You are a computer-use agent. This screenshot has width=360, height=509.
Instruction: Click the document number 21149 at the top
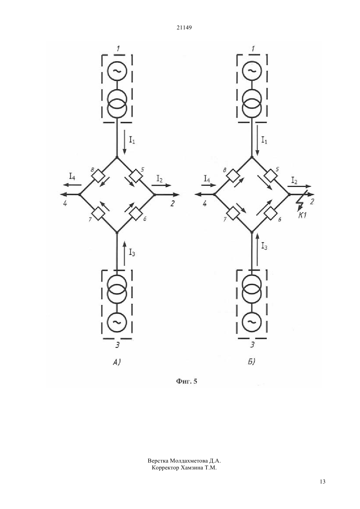coord(184,28)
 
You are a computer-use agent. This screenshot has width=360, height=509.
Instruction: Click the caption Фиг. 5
coord(187,381)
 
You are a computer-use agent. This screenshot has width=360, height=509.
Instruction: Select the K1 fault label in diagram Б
coord(302,215)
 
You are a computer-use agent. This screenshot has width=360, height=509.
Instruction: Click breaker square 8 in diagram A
coord(98,175)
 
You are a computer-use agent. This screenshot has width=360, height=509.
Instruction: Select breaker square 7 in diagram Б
coord(232,214)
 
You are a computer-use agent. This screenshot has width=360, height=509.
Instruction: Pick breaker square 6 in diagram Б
coord(270,214)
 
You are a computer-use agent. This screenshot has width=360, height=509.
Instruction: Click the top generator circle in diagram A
coord(117,71)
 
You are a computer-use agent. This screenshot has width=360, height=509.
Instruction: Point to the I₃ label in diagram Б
coord(264,246)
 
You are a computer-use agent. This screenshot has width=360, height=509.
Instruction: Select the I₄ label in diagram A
coord(72,176)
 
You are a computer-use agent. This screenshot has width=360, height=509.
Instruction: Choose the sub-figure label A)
coord(117,362)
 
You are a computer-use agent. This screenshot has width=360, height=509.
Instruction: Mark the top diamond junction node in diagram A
coord(117,157)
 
